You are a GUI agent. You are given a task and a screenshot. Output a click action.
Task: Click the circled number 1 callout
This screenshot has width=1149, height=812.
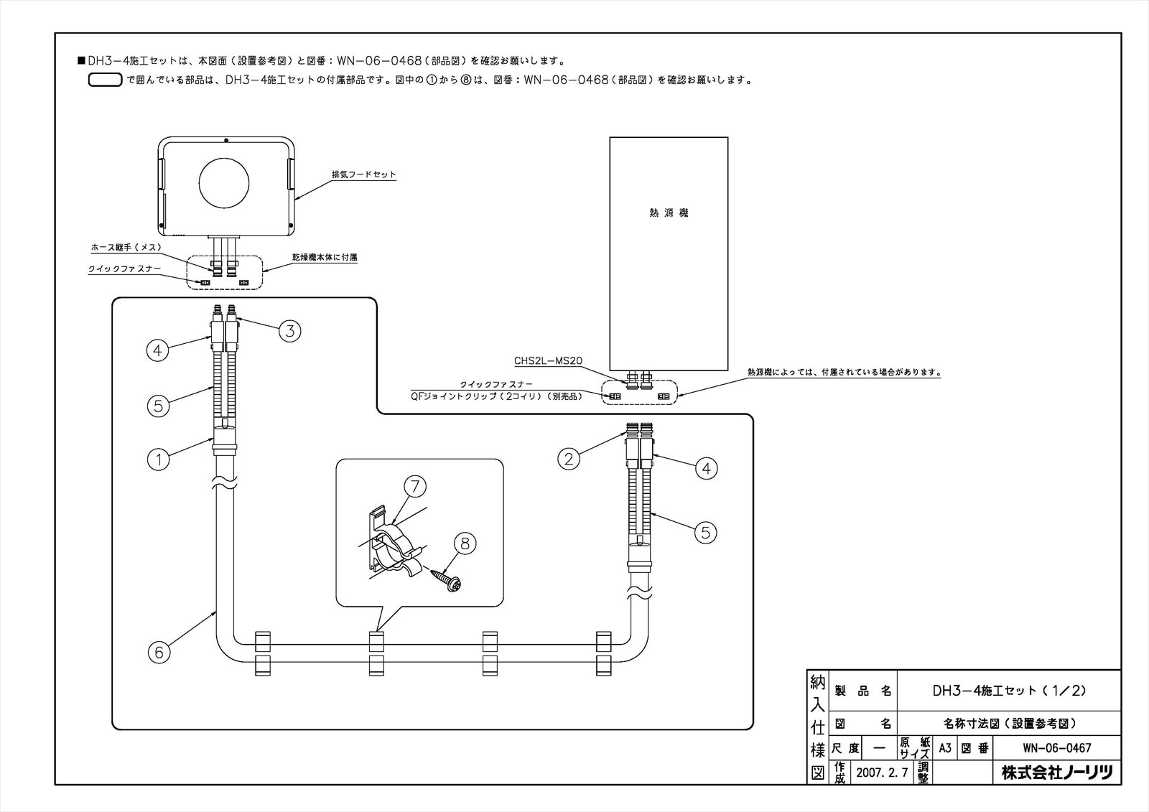point(159,459)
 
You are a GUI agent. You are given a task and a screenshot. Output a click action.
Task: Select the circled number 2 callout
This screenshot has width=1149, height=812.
point(569,459)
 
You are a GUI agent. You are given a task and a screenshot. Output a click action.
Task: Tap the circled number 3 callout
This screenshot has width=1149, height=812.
point(290,331)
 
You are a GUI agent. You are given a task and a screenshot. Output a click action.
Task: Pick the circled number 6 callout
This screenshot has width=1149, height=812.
point(159,652)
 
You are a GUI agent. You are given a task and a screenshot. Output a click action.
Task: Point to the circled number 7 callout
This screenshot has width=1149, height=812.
point(415,486)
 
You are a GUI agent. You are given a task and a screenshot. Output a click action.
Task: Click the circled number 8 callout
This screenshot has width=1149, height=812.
point(465,543)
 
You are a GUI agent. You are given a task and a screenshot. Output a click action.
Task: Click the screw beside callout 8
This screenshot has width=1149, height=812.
point(445,581)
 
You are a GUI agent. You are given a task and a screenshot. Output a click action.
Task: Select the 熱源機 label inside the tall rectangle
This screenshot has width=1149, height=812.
point(669,213)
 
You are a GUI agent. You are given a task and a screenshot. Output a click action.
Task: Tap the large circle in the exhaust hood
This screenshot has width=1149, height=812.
point(224,183)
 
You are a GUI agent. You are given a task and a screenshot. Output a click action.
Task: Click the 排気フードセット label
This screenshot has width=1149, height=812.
point(363,174)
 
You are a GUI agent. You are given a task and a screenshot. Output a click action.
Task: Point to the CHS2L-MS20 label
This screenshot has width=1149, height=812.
point(549,361)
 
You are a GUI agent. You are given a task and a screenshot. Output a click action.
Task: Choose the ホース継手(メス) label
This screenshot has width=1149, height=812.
point(126,247)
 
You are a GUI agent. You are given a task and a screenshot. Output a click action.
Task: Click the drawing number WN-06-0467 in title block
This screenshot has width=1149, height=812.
point(1056,748)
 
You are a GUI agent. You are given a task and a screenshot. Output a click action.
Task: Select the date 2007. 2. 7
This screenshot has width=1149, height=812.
point(882,773)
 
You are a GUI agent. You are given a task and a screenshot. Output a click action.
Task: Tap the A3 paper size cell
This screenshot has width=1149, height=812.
point(945,748)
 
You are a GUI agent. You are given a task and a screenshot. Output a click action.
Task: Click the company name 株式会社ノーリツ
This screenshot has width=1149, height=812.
point(1056,773)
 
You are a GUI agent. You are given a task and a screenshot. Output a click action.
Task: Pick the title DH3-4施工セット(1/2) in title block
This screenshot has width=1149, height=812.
point(1009,691)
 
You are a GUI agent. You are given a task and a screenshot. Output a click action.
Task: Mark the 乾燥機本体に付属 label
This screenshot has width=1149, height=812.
point(325,257)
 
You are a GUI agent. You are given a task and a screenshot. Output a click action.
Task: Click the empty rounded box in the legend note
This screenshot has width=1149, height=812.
point(105,80)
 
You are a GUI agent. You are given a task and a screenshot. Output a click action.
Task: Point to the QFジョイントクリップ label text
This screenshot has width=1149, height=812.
point(496,396)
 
